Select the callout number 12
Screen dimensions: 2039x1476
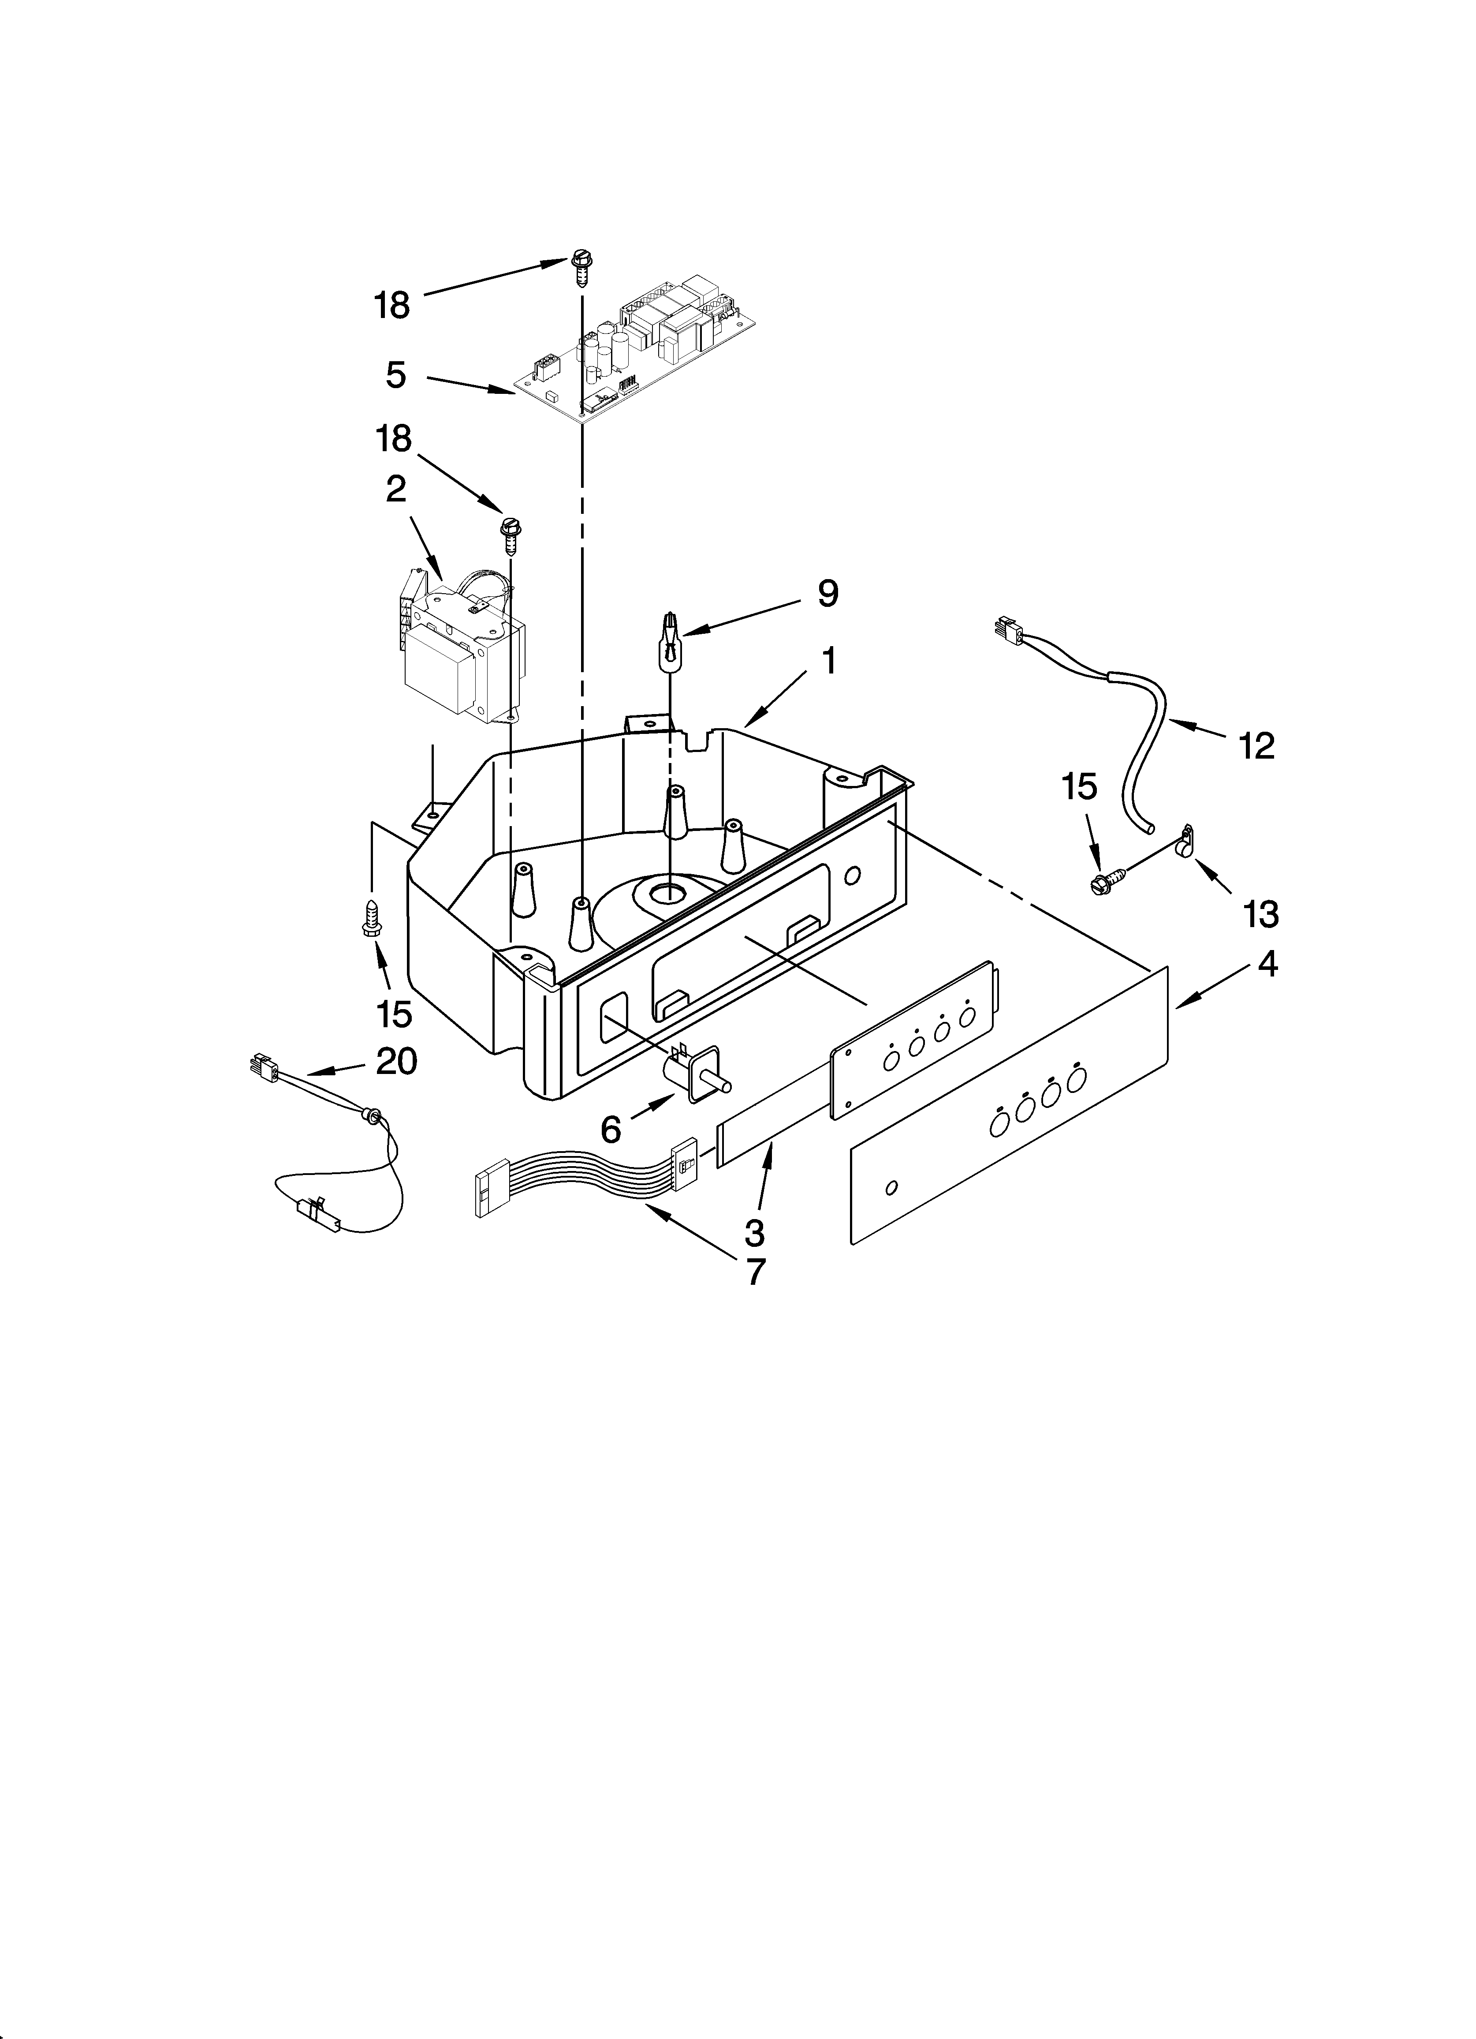pyautogui.click(x=1256, y=745)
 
